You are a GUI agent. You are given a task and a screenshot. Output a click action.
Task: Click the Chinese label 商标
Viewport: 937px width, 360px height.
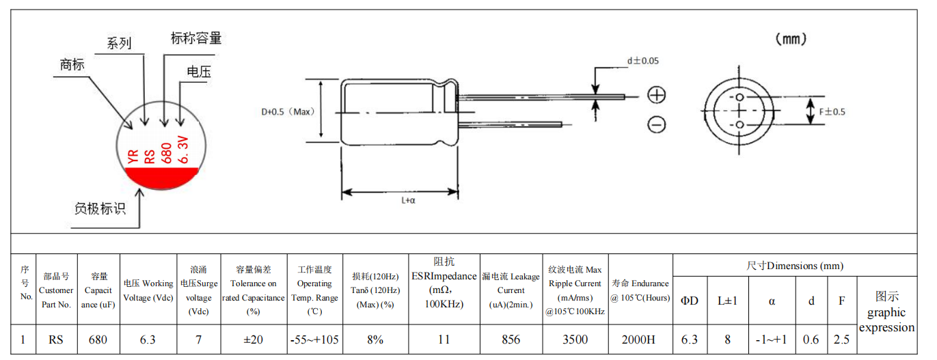(x=72, y=65)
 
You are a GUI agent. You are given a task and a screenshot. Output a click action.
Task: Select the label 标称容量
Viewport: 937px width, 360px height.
(x=196, y=38)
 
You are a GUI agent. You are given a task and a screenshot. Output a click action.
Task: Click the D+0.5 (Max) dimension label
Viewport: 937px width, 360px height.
(x=287, y=112)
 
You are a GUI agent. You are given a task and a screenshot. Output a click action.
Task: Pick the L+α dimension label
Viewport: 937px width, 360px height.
(x=409, y=200)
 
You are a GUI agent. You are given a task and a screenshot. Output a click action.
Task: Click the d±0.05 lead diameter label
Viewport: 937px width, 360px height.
(x=643, y=61)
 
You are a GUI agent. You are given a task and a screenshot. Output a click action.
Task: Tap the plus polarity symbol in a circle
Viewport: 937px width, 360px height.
(x=657, y=95)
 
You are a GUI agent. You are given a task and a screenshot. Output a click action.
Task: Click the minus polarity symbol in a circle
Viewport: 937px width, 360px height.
(x=657, y=124)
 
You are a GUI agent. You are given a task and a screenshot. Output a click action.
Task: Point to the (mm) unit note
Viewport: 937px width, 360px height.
(x=791, y=40)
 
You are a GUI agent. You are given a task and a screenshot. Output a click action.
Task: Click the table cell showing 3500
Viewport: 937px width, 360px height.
(x=574, y=340)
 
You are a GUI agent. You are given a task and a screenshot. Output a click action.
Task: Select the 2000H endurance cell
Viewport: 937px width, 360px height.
(x=639, y=340)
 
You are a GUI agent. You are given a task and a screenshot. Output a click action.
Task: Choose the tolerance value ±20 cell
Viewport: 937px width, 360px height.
(x=253, y=340)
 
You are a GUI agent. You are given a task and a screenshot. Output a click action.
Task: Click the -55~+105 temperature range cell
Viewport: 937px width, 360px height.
(x=314, y=340)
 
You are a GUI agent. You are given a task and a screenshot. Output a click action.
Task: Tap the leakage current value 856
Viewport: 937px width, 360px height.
(x=511, y=340)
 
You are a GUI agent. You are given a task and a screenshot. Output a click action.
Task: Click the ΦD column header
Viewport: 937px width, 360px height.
(x=690, y=301)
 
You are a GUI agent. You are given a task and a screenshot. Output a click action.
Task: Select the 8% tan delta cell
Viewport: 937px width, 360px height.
(x=375, y=340)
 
